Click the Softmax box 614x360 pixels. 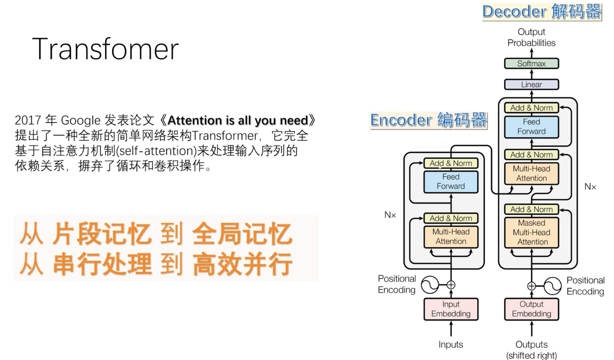pyautogui.click(x=531, y=64)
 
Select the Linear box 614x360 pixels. pyautogui.click(x=531, y=84)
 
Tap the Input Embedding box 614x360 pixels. pyautogui.click(x=451, y=309)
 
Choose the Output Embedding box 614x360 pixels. pyautogui.click(x=531, y=309)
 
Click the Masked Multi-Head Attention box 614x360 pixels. pyautogui.click(x=531, y=232)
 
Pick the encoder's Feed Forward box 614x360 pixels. pyautogui.click(x=451, y=181)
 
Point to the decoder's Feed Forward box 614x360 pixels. pyautogui.click(x=531, y=126)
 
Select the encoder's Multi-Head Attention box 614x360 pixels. pyautogui.click(x=451, y=236)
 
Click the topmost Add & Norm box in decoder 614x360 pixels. pyautogui.click(x=531, y=108)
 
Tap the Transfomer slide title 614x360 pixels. pyautogui.click(x=105, y=49)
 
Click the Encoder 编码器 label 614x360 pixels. pyautogui.click(x=429, y=120)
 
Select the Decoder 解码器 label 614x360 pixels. pyautogui.click(x=542, y=11)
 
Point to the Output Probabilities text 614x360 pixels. pyautogui.click(x=531, y=37)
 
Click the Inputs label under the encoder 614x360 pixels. pyautogui.click(x=451, y=344)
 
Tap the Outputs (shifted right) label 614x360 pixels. pyautogui.click(x=531, y=350)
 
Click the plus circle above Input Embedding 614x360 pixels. pyautogui.click(x=451, y=285)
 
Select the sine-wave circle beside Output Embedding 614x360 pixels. pyautogui.click(x=552, y=286)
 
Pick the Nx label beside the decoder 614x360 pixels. pyautogui.click(x=590, y=187)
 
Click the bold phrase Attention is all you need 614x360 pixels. pyautogui.click(x=238, y=120)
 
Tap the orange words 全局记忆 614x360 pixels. pyautogui.click(x=242, y=234)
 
